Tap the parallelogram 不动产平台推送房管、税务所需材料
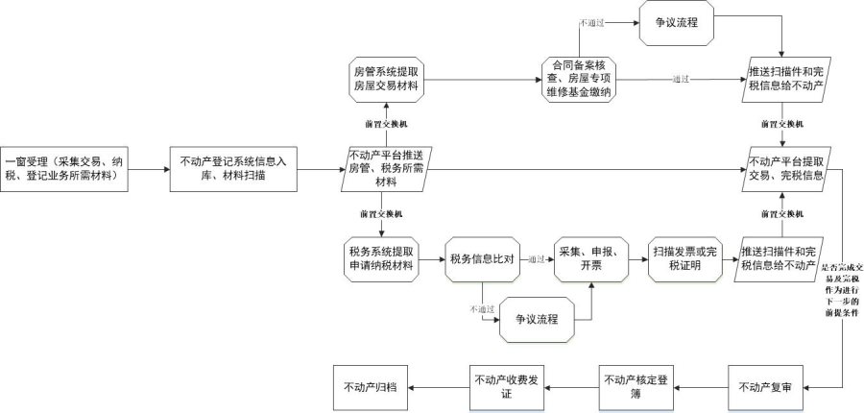[385, 167]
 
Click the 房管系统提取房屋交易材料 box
[385, 80]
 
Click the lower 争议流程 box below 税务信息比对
[539, 319]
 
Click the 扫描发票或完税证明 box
[685, 258]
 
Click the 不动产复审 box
[765, 387]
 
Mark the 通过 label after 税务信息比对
[535, 258]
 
